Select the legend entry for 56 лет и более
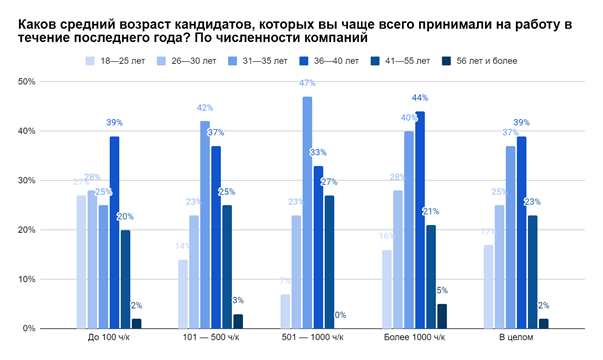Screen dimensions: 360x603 (x=483, y=61)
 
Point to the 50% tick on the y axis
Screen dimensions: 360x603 (x=27, y=81)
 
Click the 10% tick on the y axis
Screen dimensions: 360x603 (x=27, y=279)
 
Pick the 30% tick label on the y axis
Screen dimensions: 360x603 (x=27, y=180)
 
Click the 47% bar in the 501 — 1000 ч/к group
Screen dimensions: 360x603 (x=307, y=212)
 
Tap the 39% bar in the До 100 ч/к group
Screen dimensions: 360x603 (x=115, y=232)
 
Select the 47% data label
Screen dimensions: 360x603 (x=307, y=84)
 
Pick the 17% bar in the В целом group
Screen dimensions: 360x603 (x=488, y=286)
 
